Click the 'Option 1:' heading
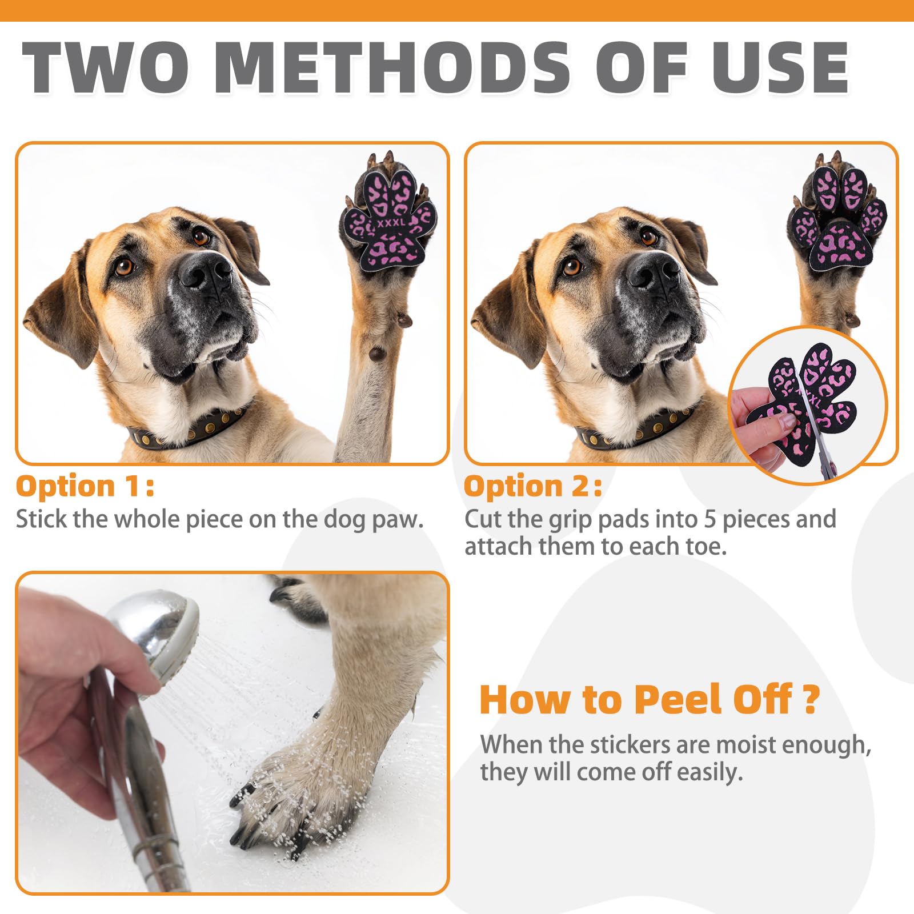coord(85,487)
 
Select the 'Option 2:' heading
coord(533,487)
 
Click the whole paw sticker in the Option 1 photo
coord(388,220)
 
